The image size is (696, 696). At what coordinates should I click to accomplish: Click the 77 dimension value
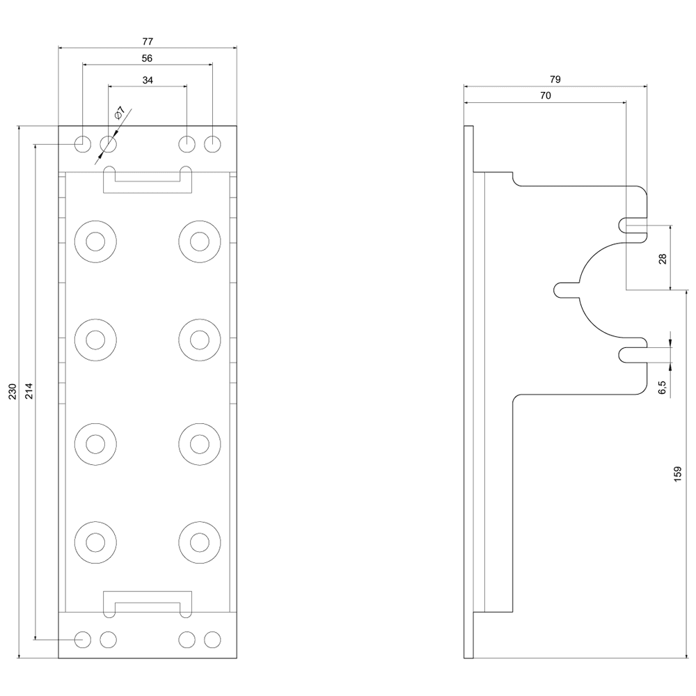click(147, 41)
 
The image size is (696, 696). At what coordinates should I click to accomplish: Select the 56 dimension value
click(147, 58)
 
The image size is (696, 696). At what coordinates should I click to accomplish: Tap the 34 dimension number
click(148, 81)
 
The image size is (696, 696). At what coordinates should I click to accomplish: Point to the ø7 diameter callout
click(120, 113)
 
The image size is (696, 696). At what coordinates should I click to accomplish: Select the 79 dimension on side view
click(555, 79)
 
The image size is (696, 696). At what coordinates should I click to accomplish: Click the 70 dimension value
click(545, 96)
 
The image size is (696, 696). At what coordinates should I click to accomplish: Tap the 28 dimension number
click(663, 258)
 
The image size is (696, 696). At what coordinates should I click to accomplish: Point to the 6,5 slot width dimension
click(663, 387)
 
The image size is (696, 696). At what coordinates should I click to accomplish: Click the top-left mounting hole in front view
click(83, 144)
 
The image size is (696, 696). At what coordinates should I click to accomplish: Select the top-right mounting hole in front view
click(212, 144)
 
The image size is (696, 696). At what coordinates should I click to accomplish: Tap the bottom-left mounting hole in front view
click(83, 638)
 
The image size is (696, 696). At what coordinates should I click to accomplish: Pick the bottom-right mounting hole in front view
click(212, 638)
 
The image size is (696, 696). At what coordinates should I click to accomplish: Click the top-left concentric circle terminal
click(95, 242)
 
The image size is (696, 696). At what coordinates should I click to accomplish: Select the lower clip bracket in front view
click(147, 601)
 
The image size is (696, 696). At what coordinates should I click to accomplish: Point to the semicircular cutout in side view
click(599, 290)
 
